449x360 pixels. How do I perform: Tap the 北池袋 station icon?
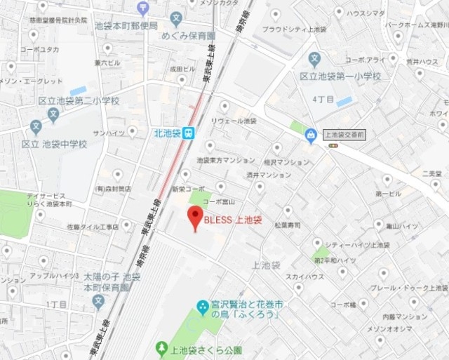187,133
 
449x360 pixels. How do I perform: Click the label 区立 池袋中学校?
54,144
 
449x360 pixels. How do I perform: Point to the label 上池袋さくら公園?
198,348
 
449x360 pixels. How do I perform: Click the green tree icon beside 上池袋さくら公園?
161,348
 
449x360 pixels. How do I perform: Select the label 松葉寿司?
287,225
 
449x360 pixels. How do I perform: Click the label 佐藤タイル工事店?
93,226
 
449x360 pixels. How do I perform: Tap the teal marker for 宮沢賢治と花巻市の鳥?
202,306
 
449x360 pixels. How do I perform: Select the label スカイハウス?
304,276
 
